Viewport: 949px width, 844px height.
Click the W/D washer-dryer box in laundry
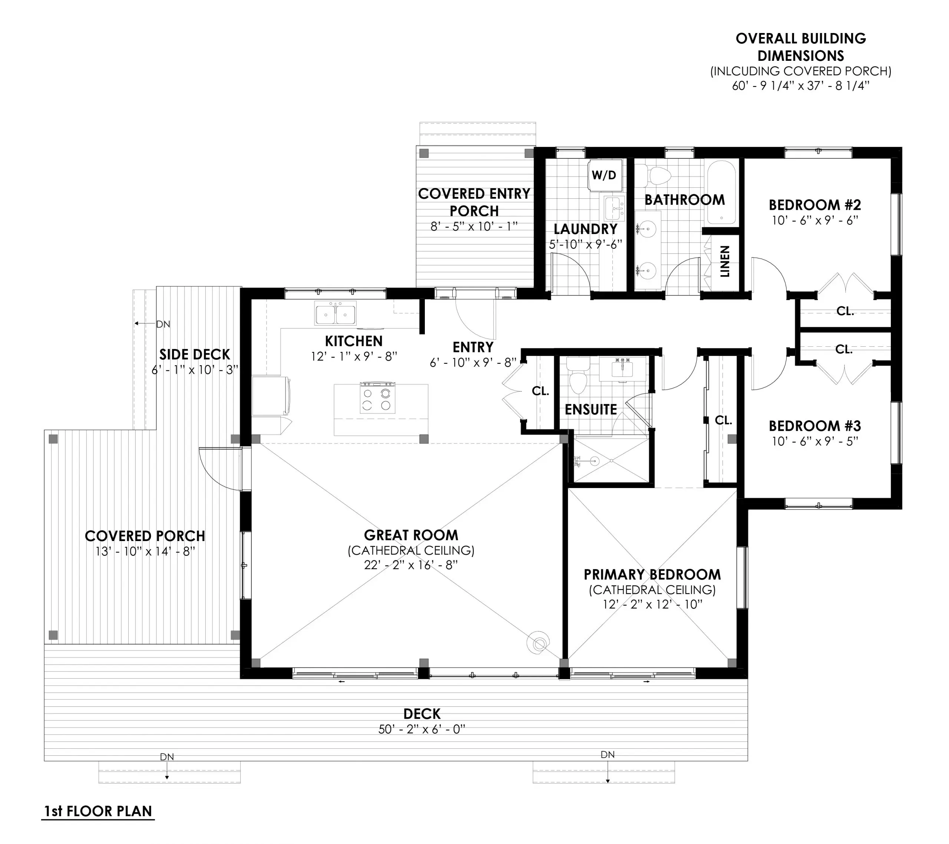point(604,175)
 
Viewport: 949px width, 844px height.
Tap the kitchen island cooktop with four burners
point(377,398)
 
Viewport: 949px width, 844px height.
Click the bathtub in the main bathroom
point(721,192)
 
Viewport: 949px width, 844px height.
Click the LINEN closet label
point(724,261)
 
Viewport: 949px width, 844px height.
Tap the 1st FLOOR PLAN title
point(98,811)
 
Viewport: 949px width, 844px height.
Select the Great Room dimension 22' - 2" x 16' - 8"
point(411,565)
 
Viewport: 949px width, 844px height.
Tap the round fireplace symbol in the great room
point(539,644)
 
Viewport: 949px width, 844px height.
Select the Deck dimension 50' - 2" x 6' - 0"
point(421,729)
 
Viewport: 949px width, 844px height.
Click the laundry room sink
point(614,208)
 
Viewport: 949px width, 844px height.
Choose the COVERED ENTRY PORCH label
point(474,202)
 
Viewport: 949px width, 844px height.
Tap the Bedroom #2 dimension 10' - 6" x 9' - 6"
point(815,220)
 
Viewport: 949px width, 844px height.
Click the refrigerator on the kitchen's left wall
point(271,396)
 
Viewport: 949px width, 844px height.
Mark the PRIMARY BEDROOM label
point(652,574)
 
